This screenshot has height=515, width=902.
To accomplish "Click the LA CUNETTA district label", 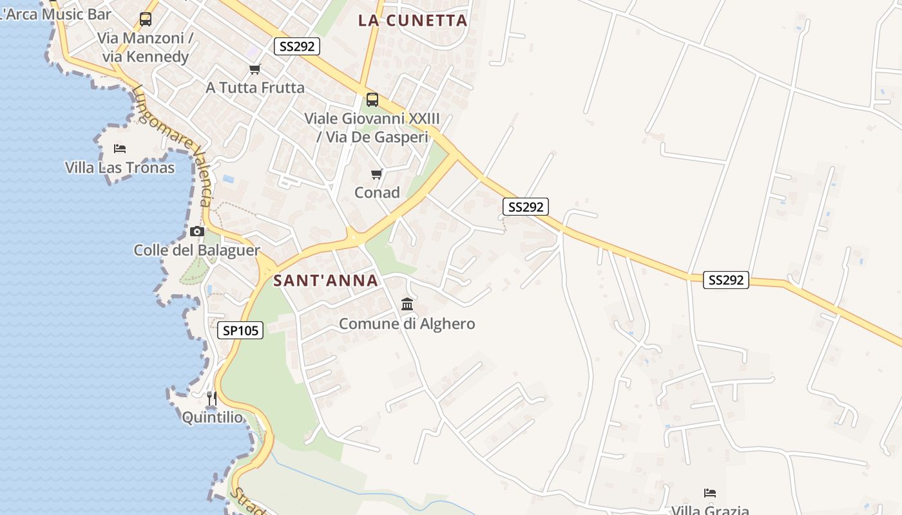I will pyautogui.click(x=412, y=21).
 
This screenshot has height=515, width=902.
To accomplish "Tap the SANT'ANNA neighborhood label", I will pyautogui.click(x=325, y=281).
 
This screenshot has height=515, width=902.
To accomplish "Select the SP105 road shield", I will pyautogui.click(x=241, y=331).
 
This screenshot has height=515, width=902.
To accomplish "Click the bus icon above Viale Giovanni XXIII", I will pyautogui.click(x=372, y=100).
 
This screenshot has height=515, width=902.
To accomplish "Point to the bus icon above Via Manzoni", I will pyautogui.click(x=146, y=19).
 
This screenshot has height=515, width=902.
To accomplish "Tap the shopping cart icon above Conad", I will pyautogui.click(x=377, y=174).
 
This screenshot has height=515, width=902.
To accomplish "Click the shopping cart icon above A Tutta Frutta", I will pyautogui.click(x=255, y=69).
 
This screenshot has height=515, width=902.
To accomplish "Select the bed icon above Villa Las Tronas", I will pyautogui.click(x=120, y=149).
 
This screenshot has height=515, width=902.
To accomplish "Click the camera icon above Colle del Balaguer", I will pyautogui.click(x=197, y=231).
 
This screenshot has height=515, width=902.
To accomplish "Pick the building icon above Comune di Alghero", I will pyautogui.click(x=407, y=304).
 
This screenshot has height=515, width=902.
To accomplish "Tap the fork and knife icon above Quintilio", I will pyautogui.click(x=212, y=398).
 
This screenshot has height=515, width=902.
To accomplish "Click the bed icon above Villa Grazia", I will pyautogui.click(x=710, y=493).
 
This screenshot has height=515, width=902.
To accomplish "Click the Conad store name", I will pyautogui.click(x=377, y=192).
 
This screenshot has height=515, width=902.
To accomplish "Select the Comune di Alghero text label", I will pyautogui.click(x=407, y=324).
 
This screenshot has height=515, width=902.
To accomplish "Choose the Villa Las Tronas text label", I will pyautogui.click(x=120, y=168).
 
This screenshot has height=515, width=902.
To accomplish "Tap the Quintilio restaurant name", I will pyautogui.click(x=212, y=418).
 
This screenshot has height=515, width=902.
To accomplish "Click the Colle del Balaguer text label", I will pyautogui.click(x=197, y=250).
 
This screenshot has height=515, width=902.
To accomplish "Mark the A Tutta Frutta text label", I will pyautogui.click(x=255, y=88).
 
